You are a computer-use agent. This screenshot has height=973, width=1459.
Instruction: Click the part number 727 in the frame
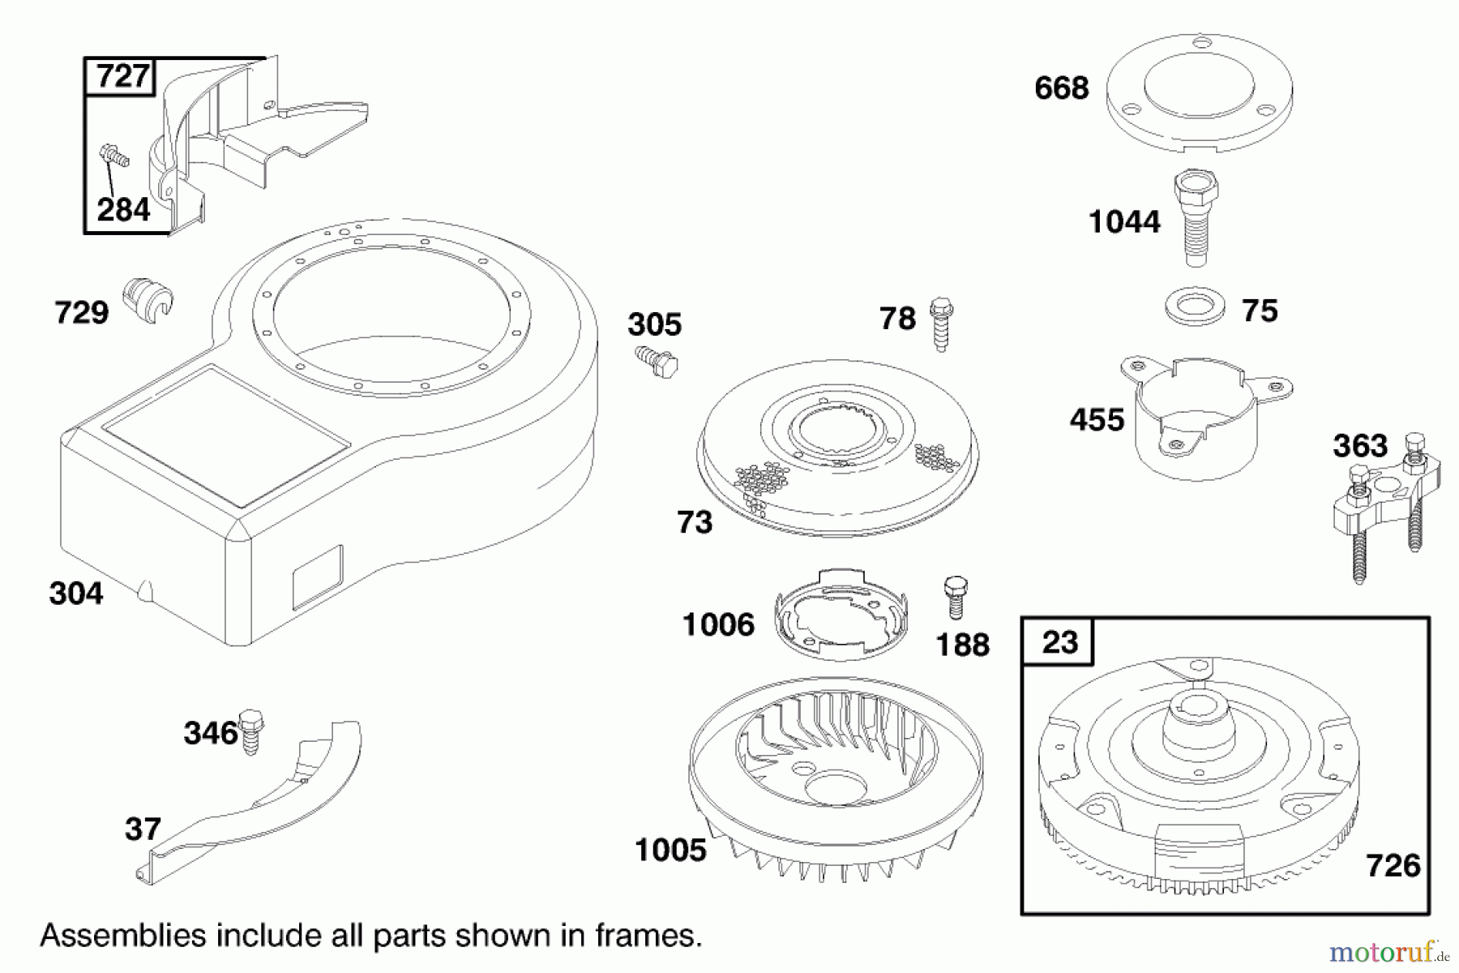[x=122, y=76]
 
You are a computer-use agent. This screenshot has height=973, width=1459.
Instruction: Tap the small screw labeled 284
[x=114, y=155]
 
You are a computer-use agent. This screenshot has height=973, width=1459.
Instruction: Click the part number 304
[x=76, y=594]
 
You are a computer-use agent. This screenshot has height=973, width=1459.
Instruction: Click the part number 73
[x=695, y=522]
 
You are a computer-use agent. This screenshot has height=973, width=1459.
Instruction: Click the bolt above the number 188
[x=956, y=598]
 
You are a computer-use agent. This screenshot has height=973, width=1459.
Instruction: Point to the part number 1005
[x=670, y=850]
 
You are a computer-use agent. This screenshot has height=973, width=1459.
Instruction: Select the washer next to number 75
[x=1194, y=309]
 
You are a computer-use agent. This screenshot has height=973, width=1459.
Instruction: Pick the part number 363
[x=1360, y=446]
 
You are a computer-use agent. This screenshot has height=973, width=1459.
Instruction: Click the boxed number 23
[x=1059, y=643]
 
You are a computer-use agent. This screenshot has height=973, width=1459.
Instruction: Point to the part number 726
[x=1393, y=866]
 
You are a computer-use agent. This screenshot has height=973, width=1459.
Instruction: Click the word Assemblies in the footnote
[x=122, y=936]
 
